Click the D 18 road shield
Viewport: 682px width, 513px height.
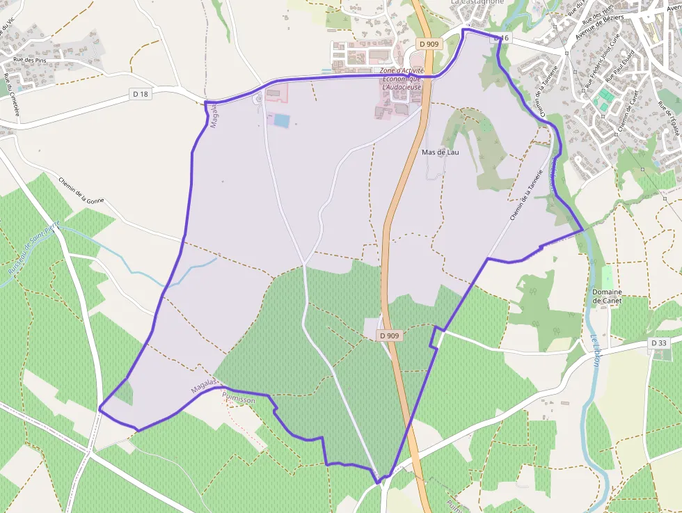coord(141,94)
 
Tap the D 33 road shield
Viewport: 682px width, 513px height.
coord(659,343)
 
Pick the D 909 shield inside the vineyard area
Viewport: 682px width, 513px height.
coord(390,336)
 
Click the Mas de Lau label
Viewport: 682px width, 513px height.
coord(440,152)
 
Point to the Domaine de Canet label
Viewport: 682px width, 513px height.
coord(607,297)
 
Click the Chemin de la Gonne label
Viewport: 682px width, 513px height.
coord(81,190)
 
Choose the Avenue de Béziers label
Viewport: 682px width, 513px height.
coord(603,25)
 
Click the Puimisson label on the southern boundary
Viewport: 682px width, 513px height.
coord(238,400)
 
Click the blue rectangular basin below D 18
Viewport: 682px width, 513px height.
coord(281,120)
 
